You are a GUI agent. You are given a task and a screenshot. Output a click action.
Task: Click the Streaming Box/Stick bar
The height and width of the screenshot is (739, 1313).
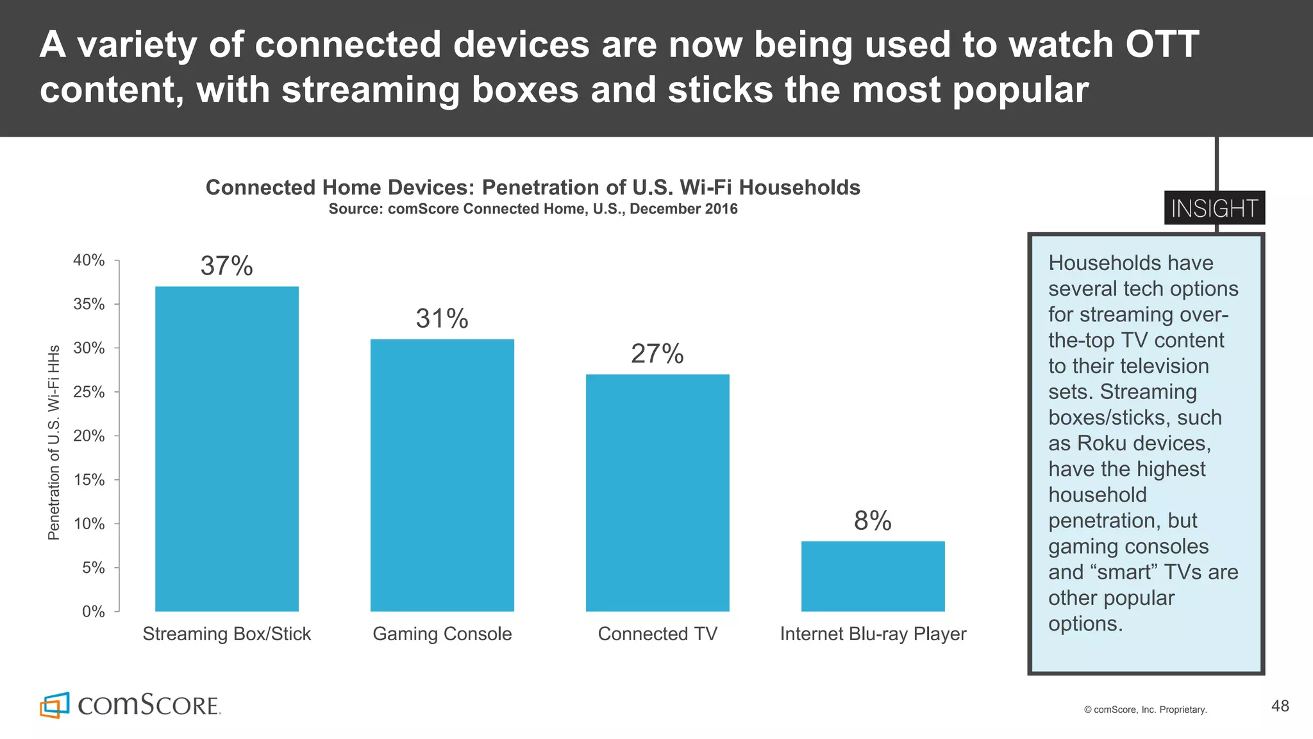(x=226, y=449)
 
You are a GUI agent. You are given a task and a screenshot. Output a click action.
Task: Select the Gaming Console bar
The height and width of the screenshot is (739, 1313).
(x=442, y=475)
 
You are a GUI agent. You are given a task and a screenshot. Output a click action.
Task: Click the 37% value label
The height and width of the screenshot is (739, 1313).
(x=226, y=266)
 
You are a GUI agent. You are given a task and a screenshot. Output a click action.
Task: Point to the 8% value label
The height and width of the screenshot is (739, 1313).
(x=873, y=521)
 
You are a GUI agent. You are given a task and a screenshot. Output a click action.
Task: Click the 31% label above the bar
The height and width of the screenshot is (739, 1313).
(x=442, y=319)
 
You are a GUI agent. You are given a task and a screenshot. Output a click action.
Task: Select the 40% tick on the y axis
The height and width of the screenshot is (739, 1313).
(x=89, y=260)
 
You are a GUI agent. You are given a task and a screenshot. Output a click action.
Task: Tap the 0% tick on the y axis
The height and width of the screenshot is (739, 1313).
(x=94, y=611)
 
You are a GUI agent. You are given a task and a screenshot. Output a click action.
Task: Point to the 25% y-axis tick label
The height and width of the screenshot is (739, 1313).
(x=89, y=392)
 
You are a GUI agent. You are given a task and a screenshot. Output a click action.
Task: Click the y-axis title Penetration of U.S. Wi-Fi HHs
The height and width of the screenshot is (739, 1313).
(x=54, y=443)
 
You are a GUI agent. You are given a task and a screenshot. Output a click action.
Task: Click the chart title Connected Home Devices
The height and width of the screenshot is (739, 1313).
(x=532, y=187)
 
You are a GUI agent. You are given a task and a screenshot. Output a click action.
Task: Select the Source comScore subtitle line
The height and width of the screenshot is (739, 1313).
(x=532, y=209)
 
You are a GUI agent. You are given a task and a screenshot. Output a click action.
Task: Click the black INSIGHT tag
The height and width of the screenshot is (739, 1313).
(x=1214, y=208)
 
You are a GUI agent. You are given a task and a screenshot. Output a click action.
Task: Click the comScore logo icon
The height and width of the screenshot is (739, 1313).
(x=54, y=705)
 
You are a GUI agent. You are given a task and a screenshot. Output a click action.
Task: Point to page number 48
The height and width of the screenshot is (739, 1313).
(x=1280, y=706)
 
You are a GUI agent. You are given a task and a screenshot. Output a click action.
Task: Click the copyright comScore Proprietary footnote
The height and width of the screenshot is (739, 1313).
(x=1145, y=709)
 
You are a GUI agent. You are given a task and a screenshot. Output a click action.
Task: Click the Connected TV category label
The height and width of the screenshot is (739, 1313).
(x=657, y=634)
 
